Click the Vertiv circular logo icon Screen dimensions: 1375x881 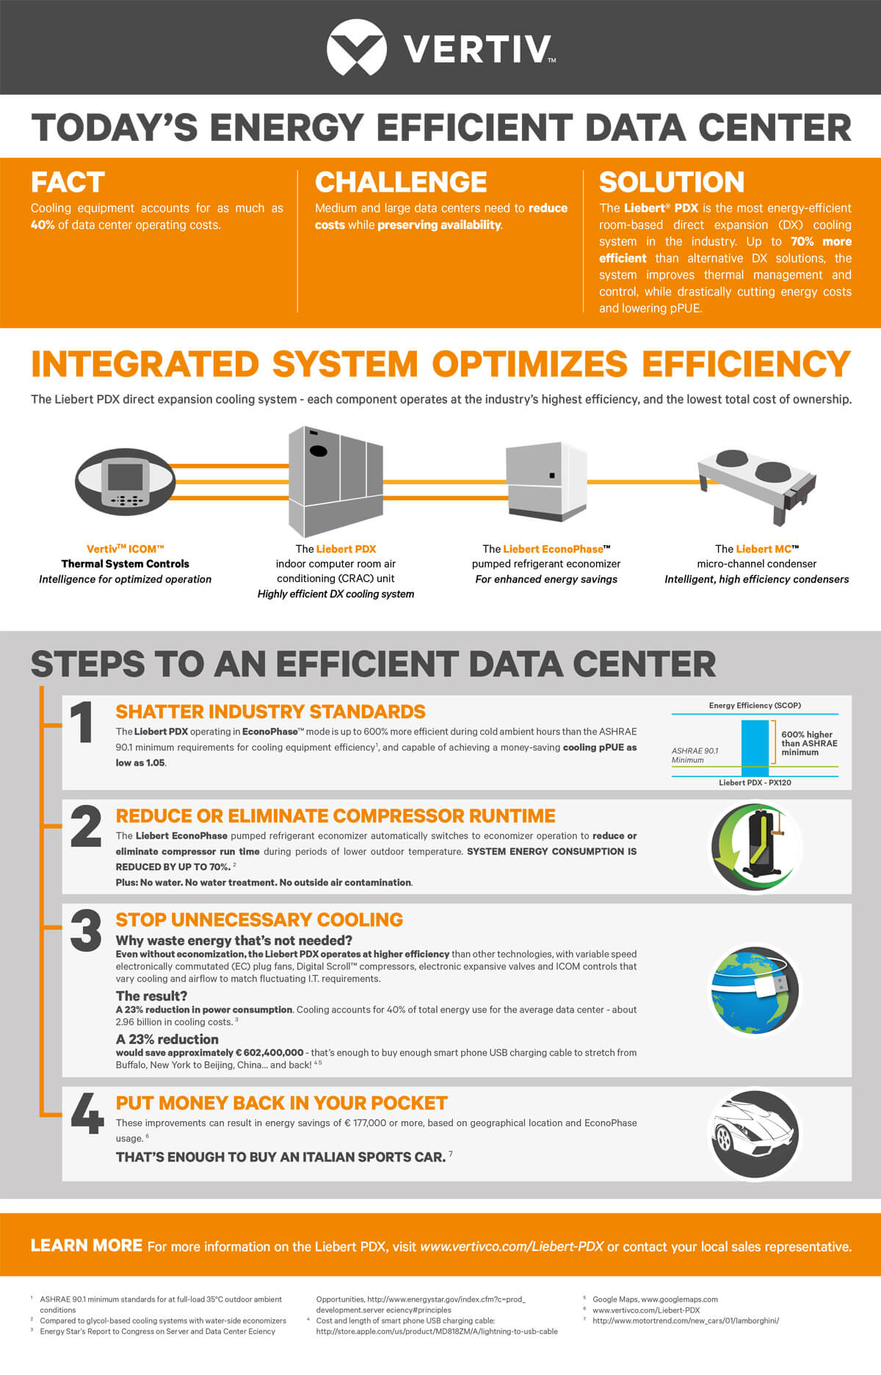(x=356, y=48)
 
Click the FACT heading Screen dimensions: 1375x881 (x=68, y=182)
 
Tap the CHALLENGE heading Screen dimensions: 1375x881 (x=401, y=182)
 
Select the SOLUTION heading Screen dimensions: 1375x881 (x=671, y=182)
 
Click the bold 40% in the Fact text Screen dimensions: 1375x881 (x=43, y=225)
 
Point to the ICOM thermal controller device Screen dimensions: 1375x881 (x=126, y=481)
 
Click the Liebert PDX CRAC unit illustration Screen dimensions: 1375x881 (x=335, y=481)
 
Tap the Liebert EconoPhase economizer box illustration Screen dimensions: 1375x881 (x=545, y=481)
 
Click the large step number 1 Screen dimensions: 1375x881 (x=82, y=722)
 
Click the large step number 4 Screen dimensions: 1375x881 (x=87, y=1114)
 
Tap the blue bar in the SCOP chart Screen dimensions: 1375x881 (x=755, y=747)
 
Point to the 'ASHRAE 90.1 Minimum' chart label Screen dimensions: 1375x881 (x=695, y=755)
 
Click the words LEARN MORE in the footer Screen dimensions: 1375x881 (x=87, y=1245)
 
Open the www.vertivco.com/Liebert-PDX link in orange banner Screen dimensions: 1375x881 (x=512, y=1247)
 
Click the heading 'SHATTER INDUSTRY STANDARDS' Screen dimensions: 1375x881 (x=270, y=712)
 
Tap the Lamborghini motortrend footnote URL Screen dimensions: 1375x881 (x=686, y=1320)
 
